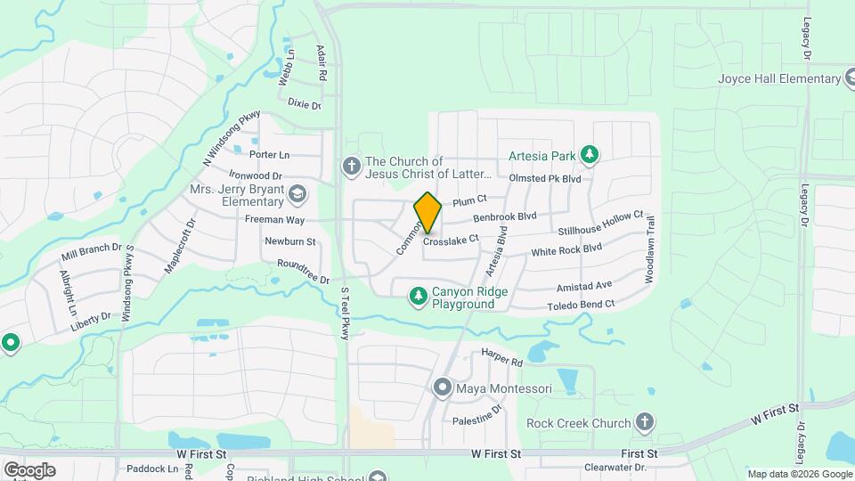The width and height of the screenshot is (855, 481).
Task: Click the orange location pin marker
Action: tap(427, 212)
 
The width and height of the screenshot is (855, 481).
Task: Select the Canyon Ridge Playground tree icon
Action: tap(418, 295)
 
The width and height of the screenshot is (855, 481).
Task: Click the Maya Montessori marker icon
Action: tap(442, 388)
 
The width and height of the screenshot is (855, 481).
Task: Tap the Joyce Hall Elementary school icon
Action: tap(852, 78)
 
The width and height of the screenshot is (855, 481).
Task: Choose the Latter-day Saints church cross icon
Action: tap(351, 167)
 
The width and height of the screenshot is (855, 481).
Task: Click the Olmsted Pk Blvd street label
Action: tap(544, 179)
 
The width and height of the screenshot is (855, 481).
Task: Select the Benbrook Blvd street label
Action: tap(505, 216)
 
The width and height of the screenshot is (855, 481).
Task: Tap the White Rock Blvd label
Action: tap(566, 251)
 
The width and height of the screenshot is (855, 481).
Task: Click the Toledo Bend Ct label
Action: tap(581, 306)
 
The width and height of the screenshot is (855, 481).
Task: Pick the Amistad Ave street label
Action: tap(584, 285)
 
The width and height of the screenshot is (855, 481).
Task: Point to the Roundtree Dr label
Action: tap(303, 272)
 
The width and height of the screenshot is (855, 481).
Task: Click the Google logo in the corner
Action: tap(29, 469)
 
